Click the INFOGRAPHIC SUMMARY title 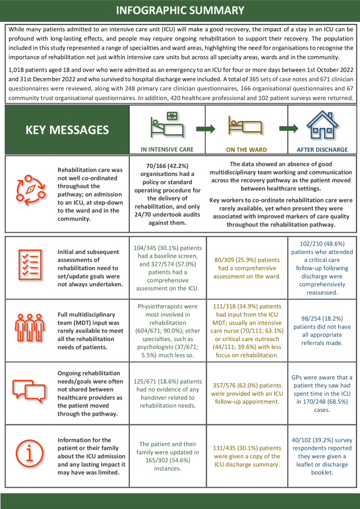(x=180, y=10)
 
